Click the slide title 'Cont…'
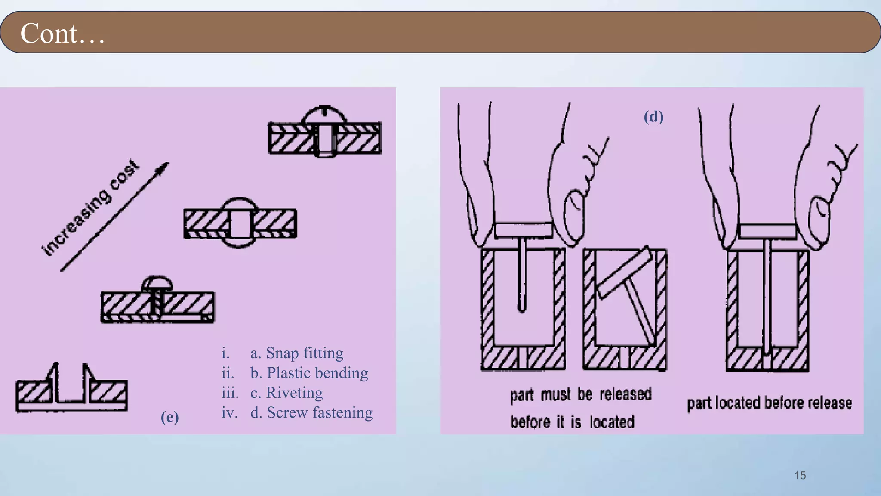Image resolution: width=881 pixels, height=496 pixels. click(x=62, y=34)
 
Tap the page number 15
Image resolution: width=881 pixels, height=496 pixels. click(x=800, y=475)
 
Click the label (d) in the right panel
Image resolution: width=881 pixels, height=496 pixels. click(x=653, y=117)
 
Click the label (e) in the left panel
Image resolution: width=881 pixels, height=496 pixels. click(x=169, y=417)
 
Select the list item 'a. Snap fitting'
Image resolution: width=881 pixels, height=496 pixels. click(x=297, y=353)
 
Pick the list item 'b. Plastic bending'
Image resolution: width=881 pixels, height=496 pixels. click(x=309, y=373)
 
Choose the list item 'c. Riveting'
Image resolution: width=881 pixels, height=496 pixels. click(x=286, y=393)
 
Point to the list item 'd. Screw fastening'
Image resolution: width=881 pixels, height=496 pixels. click(x=311, y=412)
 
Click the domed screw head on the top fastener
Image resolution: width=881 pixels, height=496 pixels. click(x=324, y=115)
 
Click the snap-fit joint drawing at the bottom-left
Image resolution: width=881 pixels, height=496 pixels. click(x=71, y=390)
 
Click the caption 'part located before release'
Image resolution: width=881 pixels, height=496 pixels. click(x=769, y=403)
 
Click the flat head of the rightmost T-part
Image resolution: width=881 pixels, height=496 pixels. click(x=767, y=231)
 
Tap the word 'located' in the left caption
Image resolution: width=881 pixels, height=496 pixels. click(x=612, y=422)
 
